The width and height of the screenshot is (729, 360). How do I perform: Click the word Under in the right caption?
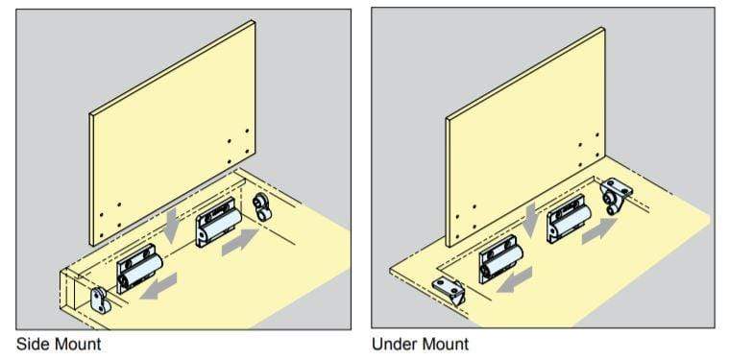396,343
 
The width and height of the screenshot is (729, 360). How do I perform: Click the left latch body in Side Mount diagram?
140,268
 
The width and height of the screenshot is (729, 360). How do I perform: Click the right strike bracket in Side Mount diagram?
262,206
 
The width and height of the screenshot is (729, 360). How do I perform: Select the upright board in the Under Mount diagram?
528,130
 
